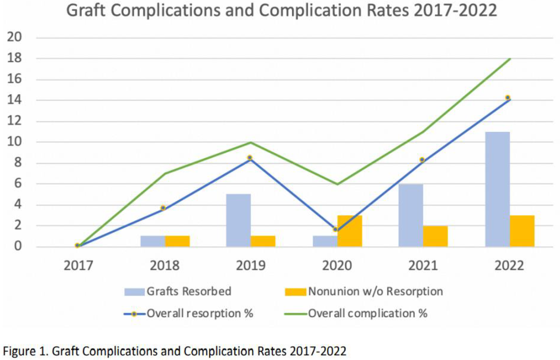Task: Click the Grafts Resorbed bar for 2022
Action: pos(497,189)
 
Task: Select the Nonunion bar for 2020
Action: pos(350,231)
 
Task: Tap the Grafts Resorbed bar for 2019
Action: pos(238,220)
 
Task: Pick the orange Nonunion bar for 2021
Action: pos(435,236)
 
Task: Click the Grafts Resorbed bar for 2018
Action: pos(153,241)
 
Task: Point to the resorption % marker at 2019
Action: pos(250,158)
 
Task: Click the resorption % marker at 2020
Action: pos(335,229)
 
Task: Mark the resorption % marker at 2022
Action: pos(508,98)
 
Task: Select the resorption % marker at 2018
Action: pos(163,208)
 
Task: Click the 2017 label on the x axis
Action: pos(78,266)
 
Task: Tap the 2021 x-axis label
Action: pos(423,266)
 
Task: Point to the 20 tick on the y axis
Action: pos(14,37)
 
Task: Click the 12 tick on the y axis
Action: pos(14,121)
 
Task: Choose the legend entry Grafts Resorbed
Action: pos(178,291)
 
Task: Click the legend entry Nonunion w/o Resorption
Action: pos(364,291)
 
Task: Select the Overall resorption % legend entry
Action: pos(189,313)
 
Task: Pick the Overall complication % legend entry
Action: pos(356,313)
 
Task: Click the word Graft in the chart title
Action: pos(85,10)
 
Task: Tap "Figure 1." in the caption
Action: pos(26,351)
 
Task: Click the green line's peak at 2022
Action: pos(510,59)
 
